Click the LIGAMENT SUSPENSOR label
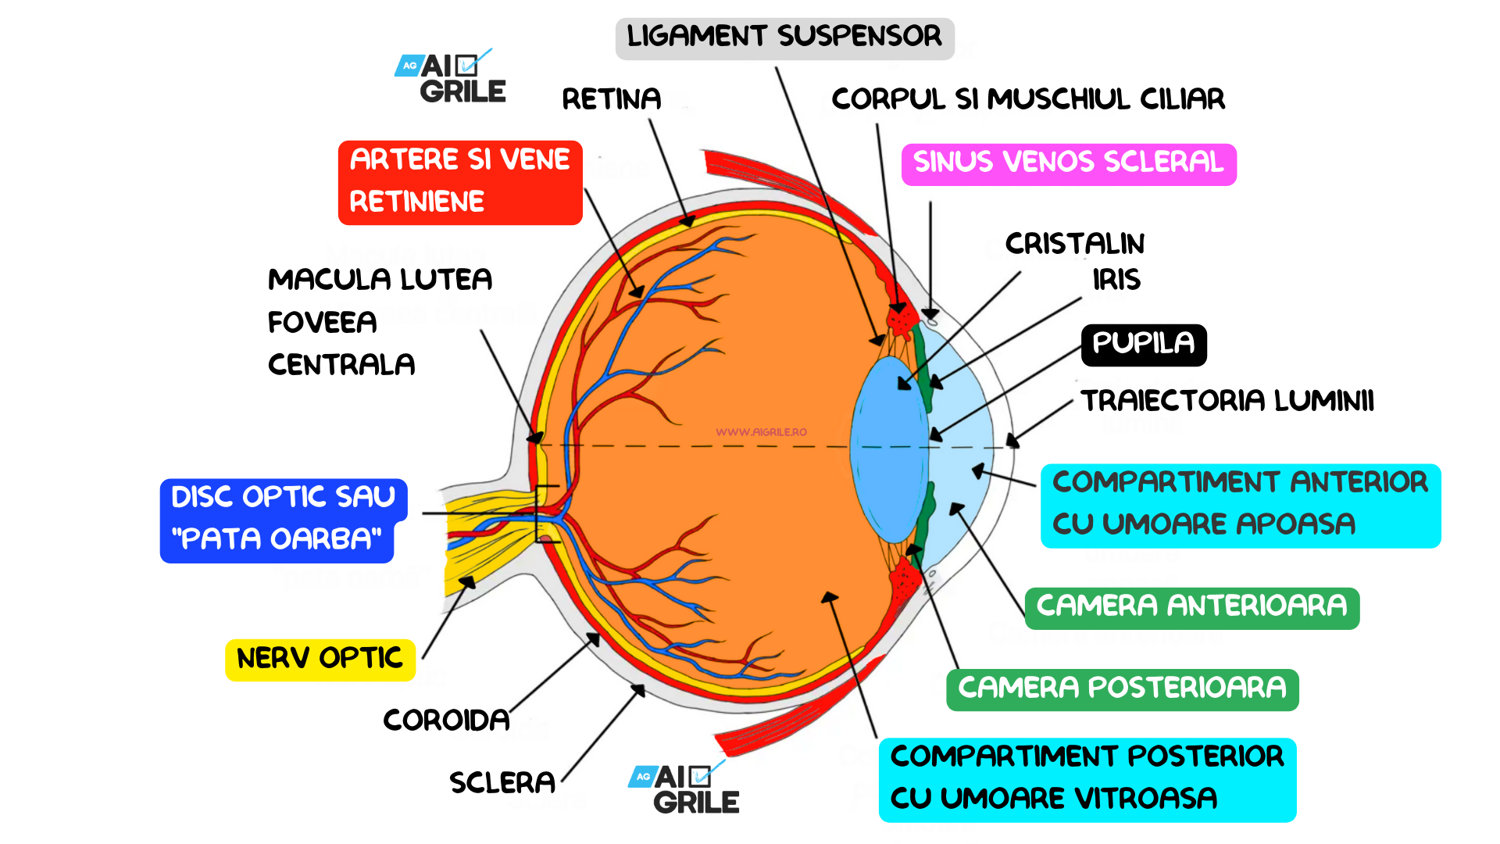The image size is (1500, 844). click(x=784, y=38)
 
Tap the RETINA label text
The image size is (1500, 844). click(x=611, y=99)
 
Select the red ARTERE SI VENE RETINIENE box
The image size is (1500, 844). click(x=459, y=182)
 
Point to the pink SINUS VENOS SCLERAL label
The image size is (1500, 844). click(x=1068, y=163)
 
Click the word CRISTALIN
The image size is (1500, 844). click(x=1074, y=244)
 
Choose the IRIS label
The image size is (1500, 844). click(x=1116, y=280)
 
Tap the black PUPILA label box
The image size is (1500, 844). click(x=1143, y=344)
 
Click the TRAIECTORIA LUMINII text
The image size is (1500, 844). click(x=1227, y=401)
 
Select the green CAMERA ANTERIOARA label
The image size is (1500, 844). click(x=1191, y=607)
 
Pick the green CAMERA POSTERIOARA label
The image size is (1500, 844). click(x=1122, y=688)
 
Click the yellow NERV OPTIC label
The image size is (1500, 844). click(x=320, y=659)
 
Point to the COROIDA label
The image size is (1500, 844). click(x=446, y=720)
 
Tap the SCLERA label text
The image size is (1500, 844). click(x=502, y=782)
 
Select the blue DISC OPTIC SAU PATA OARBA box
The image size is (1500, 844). click(x=282, y=519)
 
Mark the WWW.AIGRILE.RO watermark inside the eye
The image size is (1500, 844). click(x=761, y=432)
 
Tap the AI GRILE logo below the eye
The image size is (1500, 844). click(x=685, y=789)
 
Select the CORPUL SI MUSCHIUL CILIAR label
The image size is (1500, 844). click(x=1027, y=99)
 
